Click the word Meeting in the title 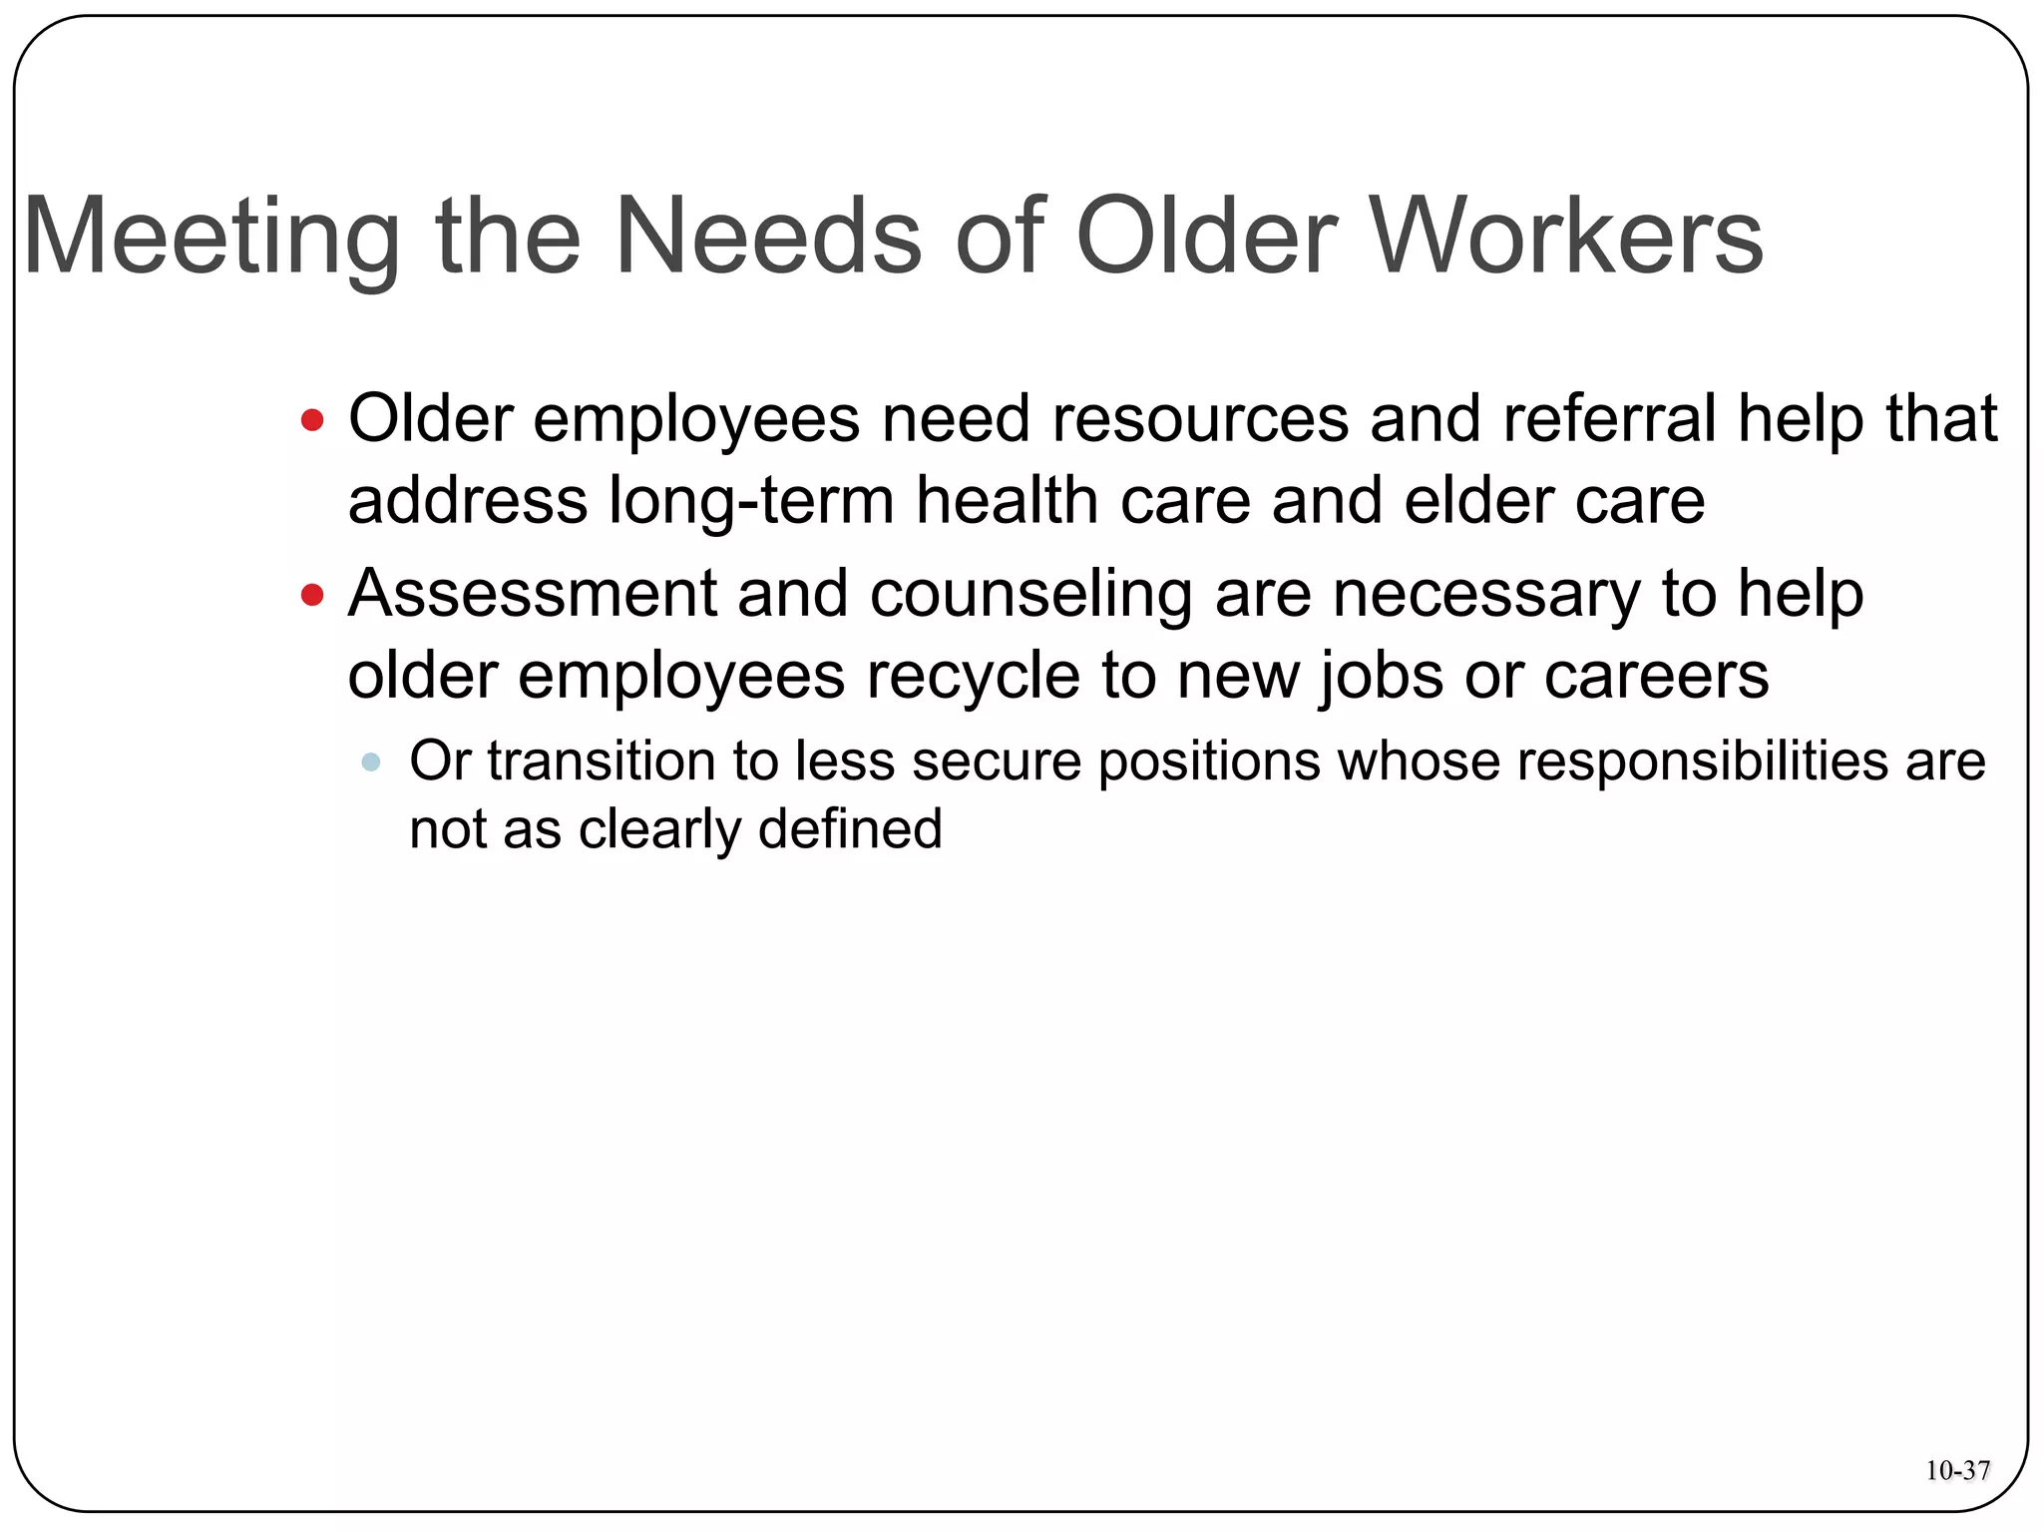[210, 238]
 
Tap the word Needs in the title [768, 238]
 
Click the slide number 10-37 [1957, 1470]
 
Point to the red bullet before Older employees [312, 419]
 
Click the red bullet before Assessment [312, 596]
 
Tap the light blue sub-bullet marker [370, 763]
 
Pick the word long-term [751, 500]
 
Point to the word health [1007, 500]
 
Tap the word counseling [1030, 595]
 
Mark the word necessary [1486, 595]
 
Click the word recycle [973, 677]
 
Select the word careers [1657, 677]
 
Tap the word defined [850, 828]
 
